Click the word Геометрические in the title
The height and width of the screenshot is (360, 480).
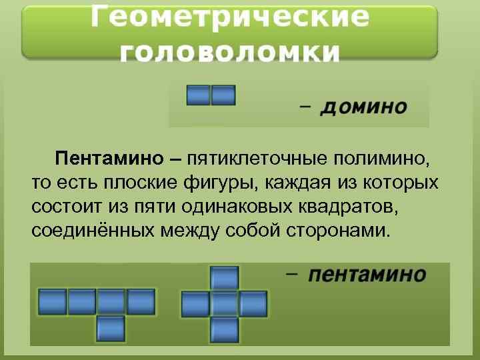click(230, 18)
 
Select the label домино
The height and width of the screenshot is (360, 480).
click(363, 107)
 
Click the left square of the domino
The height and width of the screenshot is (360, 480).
click(198, 95)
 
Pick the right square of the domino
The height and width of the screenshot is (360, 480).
click(223, 95)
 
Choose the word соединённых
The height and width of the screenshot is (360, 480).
click(93, 231)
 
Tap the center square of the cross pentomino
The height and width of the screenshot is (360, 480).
click(225, 303)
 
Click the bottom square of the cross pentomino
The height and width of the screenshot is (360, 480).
click(225, 329)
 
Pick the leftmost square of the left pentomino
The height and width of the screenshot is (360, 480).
click(52, 301)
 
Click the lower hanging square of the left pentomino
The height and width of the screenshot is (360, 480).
click(111, 328)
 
